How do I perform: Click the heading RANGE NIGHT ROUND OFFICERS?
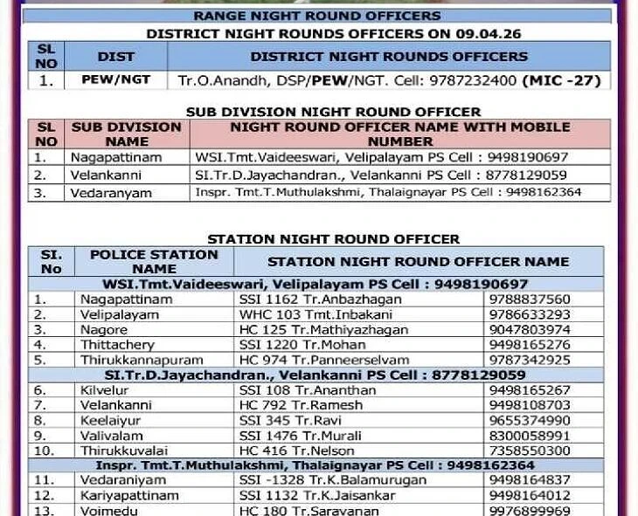click(316, 16)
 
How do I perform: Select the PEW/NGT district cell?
click(115, 79)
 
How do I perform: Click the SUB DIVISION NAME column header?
click(127, 134)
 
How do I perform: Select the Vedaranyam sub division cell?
click(111, 193)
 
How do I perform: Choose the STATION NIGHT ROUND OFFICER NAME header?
click(418, 261)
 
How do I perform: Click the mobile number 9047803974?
click(530, 329)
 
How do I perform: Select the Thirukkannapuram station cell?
click(141, 360)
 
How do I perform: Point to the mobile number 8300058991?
click(530, 436)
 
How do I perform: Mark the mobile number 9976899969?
click(530, 511)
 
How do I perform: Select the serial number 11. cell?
click(45, 480)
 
